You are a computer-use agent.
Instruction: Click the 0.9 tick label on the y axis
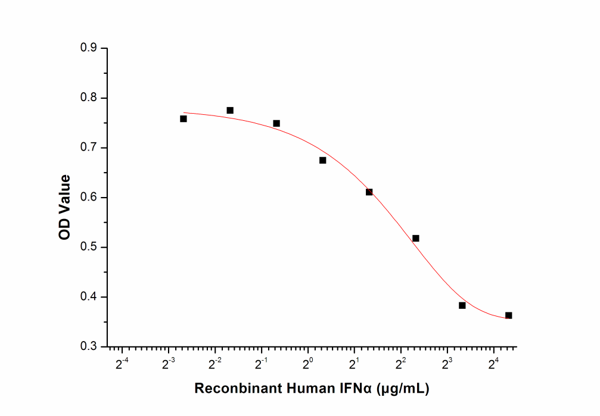90,48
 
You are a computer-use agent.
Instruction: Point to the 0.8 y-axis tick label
90,98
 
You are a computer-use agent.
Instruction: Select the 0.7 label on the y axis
90,148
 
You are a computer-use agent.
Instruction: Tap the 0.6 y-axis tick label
90,198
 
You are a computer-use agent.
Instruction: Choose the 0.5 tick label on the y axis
90,247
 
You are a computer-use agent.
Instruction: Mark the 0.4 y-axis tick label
90,297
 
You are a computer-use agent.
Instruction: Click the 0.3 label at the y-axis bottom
90,346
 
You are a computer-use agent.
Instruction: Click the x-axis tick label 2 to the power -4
122,362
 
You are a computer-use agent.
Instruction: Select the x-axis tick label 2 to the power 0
308,362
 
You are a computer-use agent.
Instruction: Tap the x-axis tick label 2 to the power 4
494,362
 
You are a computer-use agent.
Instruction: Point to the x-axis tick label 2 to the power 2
401,362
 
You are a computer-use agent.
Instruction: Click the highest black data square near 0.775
230,110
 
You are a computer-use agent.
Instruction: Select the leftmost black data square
184,118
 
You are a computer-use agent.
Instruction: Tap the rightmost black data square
508,315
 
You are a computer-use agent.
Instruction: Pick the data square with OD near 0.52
416,238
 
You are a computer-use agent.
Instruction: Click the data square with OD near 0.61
369,192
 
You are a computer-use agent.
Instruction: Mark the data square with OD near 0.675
323,160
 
